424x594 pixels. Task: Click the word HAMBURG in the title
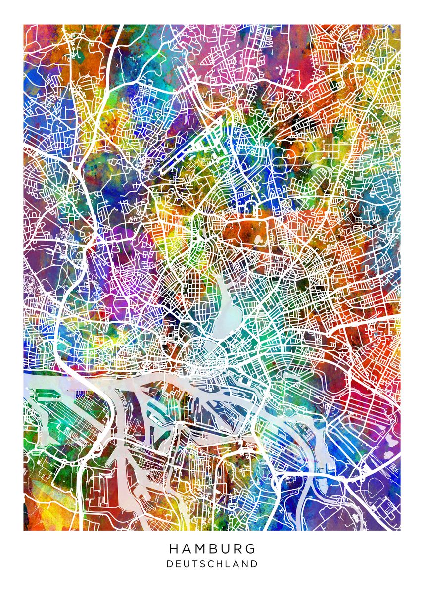click(212, 549)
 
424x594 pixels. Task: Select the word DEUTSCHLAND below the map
click(212, 564)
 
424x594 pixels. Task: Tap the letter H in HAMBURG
click(174, 549)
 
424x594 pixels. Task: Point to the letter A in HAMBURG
click(187, 549)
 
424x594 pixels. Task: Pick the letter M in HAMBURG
click(200, 549)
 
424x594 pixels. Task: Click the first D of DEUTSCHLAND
click(170, 564)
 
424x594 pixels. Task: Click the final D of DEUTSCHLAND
click(255, 564)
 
